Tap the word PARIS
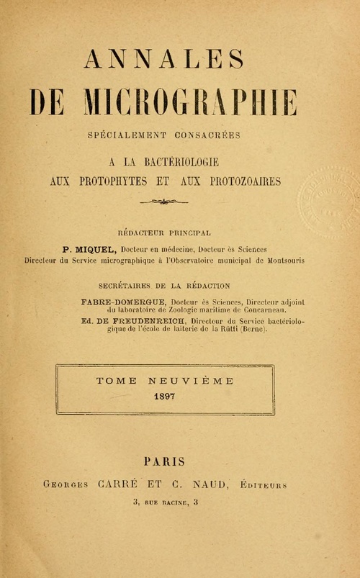(x=165, y=461)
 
